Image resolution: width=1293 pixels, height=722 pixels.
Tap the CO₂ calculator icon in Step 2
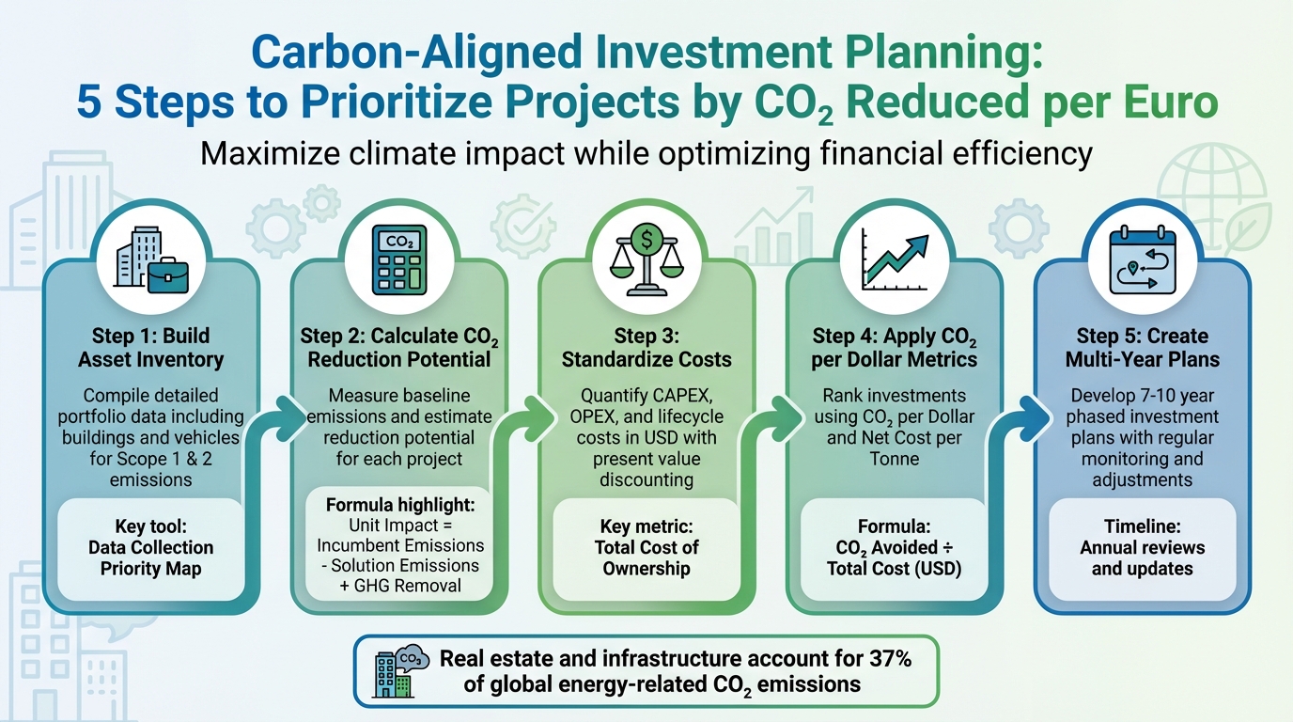(398, 259)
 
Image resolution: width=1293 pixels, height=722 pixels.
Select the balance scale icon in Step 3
(646, 259)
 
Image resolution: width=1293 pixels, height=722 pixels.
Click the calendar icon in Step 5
(1142, 259)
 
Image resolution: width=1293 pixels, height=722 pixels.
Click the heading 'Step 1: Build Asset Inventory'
(150, 347)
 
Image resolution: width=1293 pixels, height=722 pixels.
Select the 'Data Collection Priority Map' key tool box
(150, 547)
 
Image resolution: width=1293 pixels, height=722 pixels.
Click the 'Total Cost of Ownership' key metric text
(646, 557)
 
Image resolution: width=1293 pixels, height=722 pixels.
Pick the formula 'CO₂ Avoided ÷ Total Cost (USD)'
(894, 557)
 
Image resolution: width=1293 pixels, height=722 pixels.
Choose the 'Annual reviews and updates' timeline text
(1142, 557)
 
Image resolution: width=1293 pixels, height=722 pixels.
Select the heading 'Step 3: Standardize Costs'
(646, 347)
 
